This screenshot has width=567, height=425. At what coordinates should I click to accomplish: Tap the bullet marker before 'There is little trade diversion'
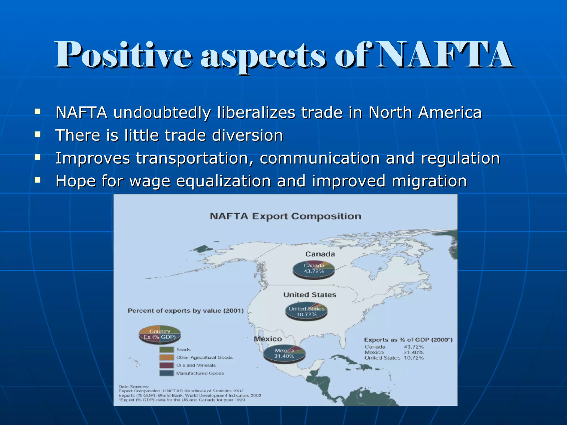pyautogui.click(x=37, y=135)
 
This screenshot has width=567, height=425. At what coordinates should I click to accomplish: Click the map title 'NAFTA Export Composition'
pyautogui.click(x=285, y=216)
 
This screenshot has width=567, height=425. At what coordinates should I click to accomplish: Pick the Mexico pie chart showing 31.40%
pyautogui.click(x=284, y=354)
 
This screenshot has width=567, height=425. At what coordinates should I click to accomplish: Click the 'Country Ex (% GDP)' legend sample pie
pyautogui.click(x=160, y=334)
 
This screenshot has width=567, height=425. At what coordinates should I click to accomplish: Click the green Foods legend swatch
pyautogui.click(x=166, y=350)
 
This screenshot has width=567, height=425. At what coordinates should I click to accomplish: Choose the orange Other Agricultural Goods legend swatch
pyautogui.click(x=166, y=357)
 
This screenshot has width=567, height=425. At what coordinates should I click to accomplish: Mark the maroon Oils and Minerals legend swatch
pyautogui.click(x=166, y=365)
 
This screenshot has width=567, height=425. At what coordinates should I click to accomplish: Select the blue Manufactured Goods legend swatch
pyautogui.click(x=166, y=373)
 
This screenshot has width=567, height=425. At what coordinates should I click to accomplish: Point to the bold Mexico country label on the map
pyautogui.click(x=268, y=339)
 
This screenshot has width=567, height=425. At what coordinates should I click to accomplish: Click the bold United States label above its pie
pyautogui.click(x=310, y=295)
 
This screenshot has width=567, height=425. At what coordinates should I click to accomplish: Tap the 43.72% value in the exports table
pyautogui.click(x=414, y=347)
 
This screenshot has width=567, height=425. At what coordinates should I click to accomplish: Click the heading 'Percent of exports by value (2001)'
pyautogui.click(x=185, y=311)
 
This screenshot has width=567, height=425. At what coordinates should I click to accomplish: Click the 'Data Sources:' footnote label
pyautogui.click(x=133, y=387)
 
